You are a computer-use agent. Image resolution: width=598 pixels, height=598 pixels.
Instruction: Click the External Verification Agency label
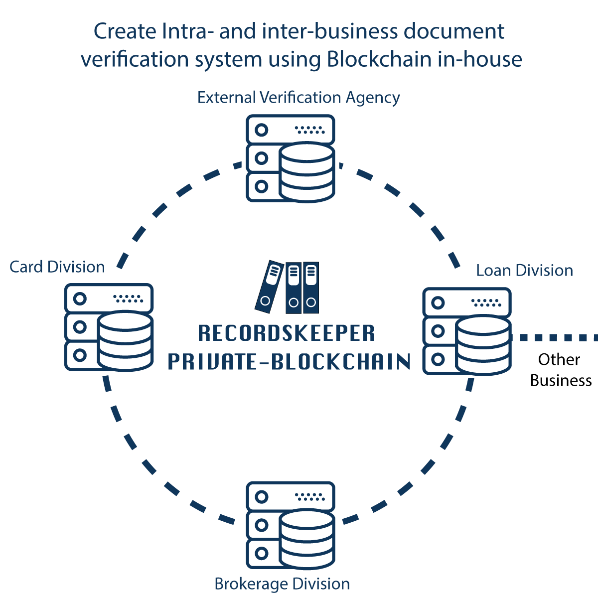(x=299, y=98)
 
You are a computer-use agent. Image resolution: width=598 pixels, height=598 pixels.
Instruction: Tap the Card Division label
(x=57, y=267)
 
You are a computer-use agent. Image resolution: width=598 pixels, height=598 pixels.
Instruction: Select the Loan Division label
(x=524, y=271)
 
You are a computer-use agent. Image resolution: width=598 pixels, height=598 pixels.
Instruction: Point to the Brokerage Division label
(x=282, y=584)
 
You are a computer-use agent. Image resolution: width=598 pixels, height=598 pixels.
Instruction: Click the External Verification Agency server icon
(x=290, y=157)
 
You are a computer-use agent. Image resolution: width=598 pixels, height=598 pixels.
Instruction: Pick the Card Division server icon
(x=109, y=326)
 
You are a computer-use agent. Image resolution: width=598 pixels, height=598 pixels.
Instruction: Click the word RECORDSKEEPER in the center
(x=287, y=333)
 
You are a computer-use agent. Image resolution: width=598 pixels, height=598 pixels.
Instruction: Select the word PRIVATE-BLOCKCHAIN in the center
(x=289, y=362)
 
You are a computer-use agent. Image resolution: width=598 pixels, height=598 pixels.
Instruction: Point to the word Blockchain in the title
(x=379, y=59)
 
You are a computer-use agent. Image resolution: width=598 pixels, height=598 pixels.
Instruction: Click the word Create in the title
(x=125, y=32)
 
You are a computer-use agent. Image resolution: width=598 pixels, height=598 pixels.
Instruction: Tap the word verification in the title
(x=135, y=59)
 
